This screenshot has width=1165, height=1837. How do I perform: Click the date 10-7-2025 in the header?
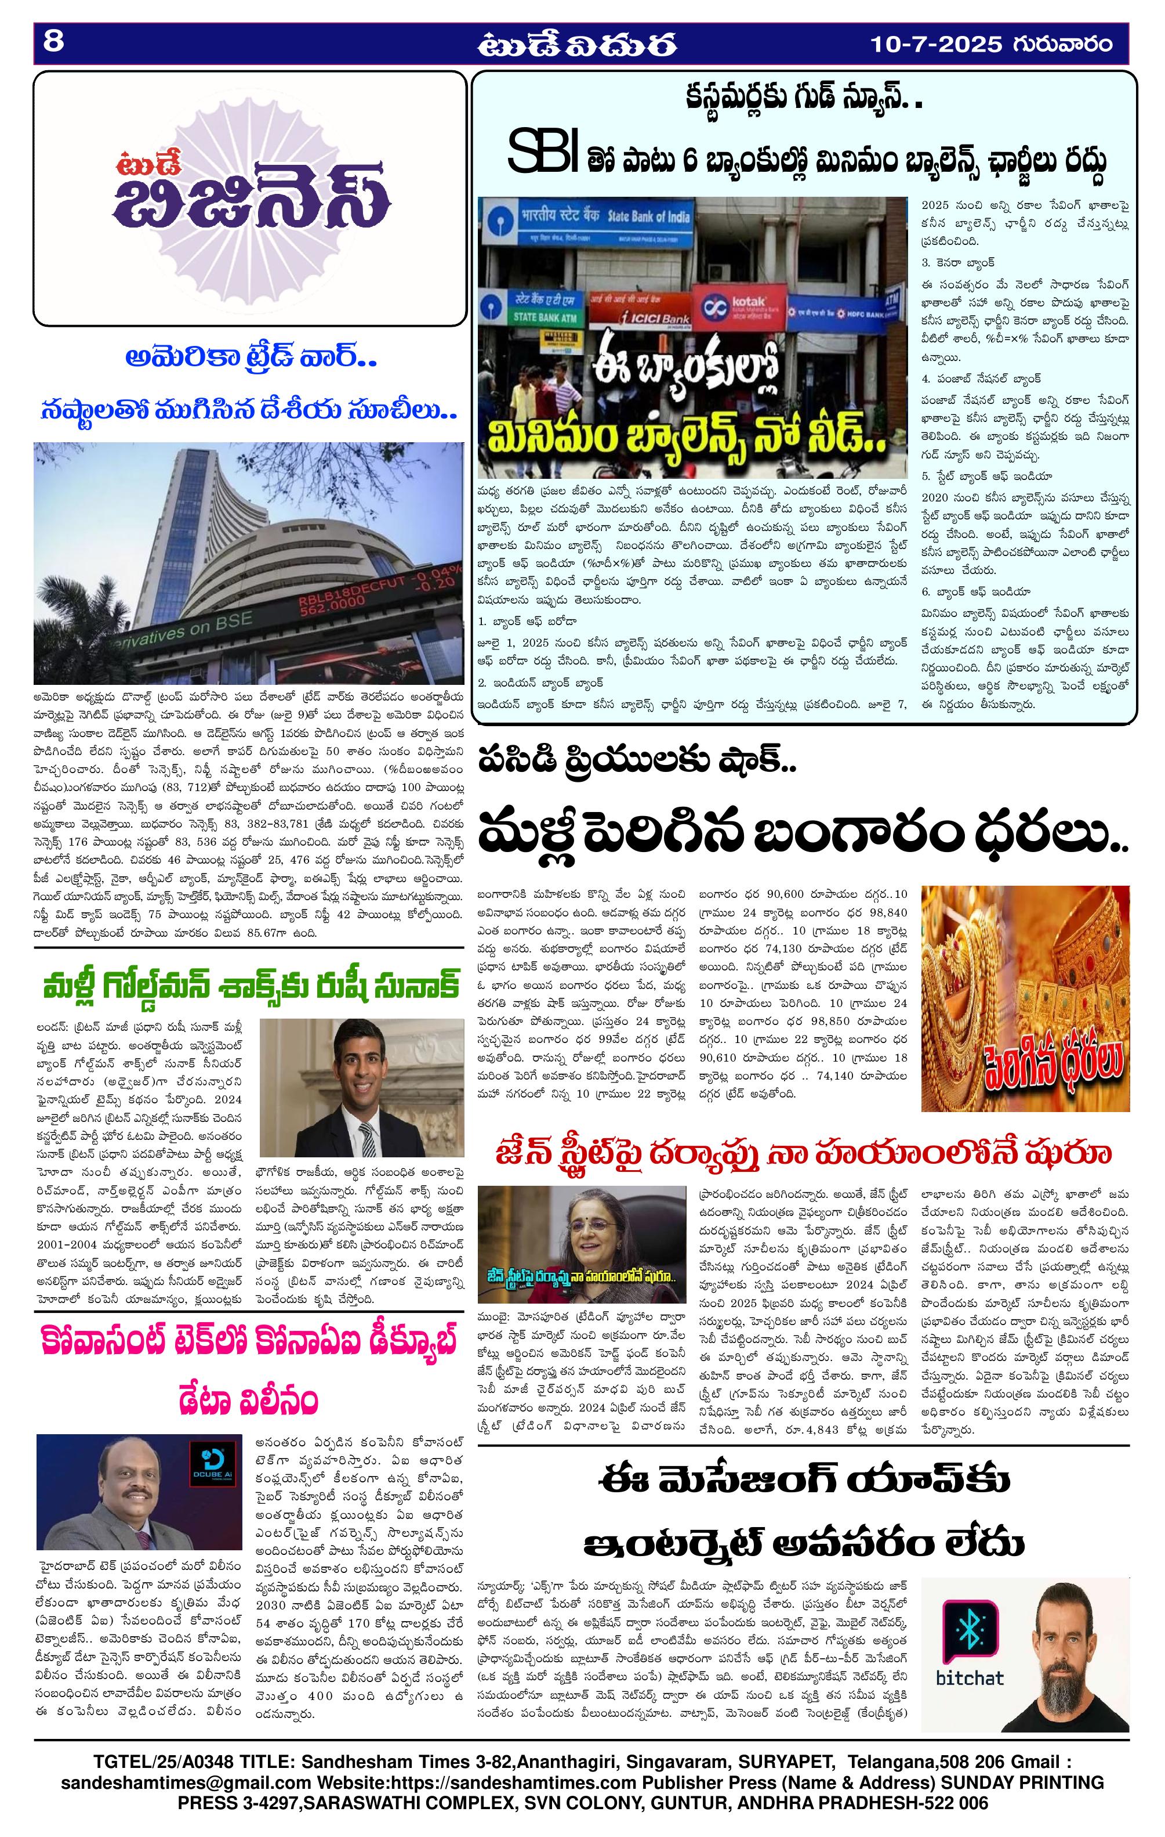(x=937, y=44)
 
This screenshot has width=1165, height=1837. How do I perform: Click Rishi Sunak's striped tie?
(x=368, y=1136)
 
